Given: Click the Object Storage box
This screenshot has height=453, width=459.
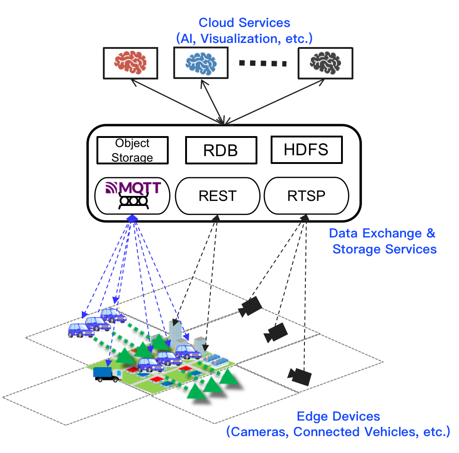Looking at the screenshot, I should [132, 150].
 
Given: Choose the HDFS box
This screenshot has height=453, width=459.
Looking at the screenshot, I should [306, 150].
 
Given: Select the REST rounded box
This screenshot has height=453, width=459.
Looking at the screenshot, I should [217, 196].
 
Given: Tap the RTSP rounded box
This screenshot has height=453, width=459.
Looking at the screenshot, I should [306, 196].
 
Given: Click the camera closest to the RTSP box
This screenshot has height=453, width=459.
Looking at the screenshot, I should [250, 306].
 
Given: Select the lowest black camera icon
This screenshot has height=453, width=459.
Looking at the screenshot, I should [300, 375].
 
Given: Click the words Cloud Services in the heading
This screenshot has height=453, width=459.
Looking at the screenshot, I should [244, 22].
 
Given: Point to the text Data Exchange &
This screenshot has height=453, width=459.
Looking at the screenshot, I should [382, 233].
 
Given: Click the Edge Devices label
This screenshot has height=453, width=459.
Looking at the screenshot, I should [338, 416].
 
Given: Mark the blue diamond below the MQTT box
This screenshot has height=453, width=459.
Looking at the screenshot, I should [132, 219].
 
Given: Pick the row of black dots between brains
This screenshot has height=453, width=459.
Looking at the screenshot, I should [263, 63].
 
